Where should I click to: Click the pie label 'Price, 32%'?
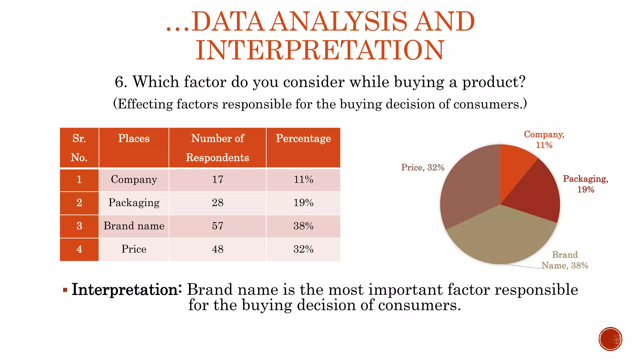tap(422, 167)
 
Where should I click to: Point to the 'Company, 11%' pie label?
tap(544, 140)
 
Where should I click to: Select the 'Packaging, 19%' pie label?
tap(585, 184)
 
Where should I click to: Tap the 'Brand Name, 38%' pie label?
tap(565, 260)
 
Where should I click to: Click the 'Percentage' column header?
tap(303, 138)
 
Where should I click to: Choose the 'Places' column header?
tap(134, 138)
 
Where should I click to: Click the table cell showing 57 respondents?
tap(217, 226)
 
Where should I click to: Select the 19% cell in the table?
tap(303, 203)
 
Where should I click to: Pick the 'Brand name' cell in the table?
tap(134, 226)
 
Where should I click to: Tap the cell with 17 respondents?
tap(217, 180)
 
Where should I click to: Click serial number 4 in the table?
tap(79, 249)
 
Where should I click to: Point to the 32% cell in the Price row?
tap(303, 249)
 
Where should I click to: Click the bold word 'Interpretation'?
tap(125, 289)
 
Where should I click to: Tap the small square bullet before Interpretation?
tap(65, 290)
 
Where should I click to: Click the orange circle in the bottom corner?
tap(610, 339)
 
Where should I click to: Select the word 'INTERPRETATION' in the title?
tap(320, 50)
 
